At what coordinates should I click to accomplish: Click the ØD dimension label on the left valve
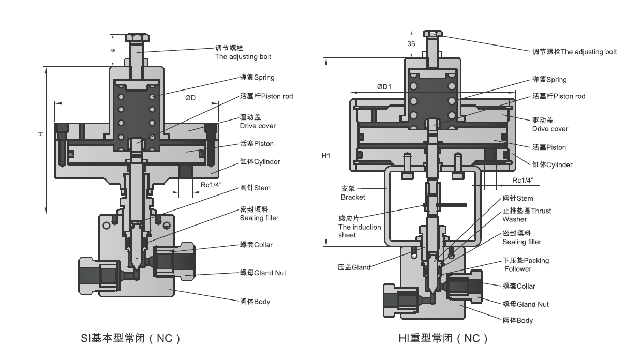click(190, 98)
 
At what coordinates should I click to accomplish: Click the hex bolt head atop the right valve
click(432, 34)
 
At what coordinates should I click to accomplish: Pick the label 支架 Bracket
click(353, 193)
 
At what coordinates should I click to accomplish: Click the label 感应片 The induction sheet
click(360, 227)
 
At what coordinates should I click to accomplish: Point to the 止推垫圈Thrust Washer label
click(527, 215)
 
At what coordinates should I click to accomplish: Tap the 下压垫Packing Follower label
click(526, 265)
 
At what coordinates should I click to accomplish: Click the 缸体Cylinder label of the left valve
click(260, 162)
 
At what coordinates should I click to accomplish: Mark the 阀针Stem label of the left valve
click(255, 188)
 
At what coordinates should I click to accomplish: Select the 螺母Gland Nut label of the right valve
click(526, 304)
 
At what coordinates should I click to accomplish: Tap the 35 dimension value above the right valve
click(411, 44)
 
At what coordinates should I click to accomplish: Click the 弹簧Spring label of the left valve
click(257, 78)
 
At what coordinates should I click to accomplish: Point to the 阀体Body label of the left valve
click(255, 302)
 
